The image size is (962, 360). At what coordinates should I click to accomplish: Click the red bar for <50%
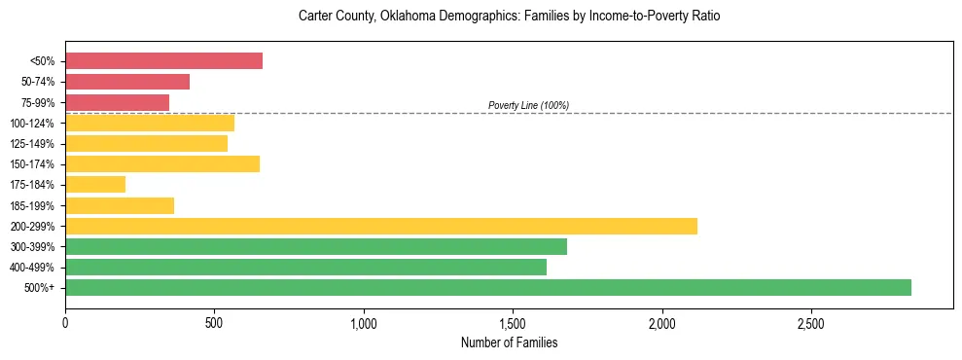pyautogui.click(x=163, y=61)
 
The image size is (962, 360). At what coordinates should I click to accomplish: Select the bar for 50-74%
pyautogui.click(x=127, y=82)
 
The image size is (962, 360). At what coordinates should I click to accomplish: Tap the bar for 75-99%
pyautogui.click(x=117, y=102)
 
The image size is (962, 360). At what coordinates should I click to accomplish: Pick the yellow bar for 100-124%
pyautogui.click(x=150, y=123)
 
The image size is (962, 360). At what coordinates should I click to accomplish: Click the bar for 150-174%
pyautogui.click(x=162, y=163)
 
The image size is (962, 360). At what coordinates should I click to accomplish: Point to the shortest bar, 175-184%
pyautogui.click(x=95, y=185)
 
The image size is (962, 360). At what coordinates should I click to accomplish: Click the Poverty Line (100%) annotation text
pyautogui.click(x=528, y=105)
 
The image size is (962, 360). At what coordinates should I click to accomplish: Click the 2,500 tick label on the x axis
pyautogui.click(x=810, y=323)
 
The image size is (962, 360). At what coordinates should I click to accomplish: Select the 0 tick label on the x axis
pyautogui.click(x=65, y=323)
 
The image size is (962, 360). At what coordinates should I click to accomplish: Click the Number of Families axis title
pyautogui.click(x=509, y=342)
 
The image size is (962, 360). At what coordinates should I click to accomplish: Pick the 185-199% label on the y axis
pyautogui.click(x=32, y=205)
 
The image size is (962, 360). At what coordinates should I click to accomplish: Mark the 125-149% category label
pyautogui.click(x=32, y=144)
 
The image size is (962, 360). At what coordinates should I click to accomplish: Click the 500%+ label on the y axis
pyautogui.click(x=39, y=288)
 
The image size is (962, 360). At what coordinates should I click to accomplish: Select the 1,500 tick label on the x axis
pyautogui.click(x=513, y=323)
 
